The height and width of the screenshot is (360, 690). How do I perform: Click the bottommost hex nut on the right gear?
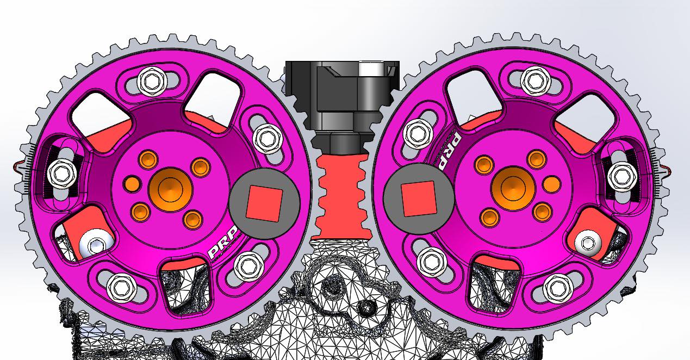click(x=556, y=287)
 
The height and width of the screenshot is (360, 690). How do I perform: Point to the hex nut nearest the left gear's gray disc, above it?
click(x=266, y=138)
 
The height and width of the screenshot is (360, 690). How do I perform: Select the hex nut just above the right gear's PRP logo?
click(x=418, y=133)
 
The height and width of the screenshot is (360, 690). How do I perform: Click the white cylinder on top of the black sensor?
click(x=373, y=70)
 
